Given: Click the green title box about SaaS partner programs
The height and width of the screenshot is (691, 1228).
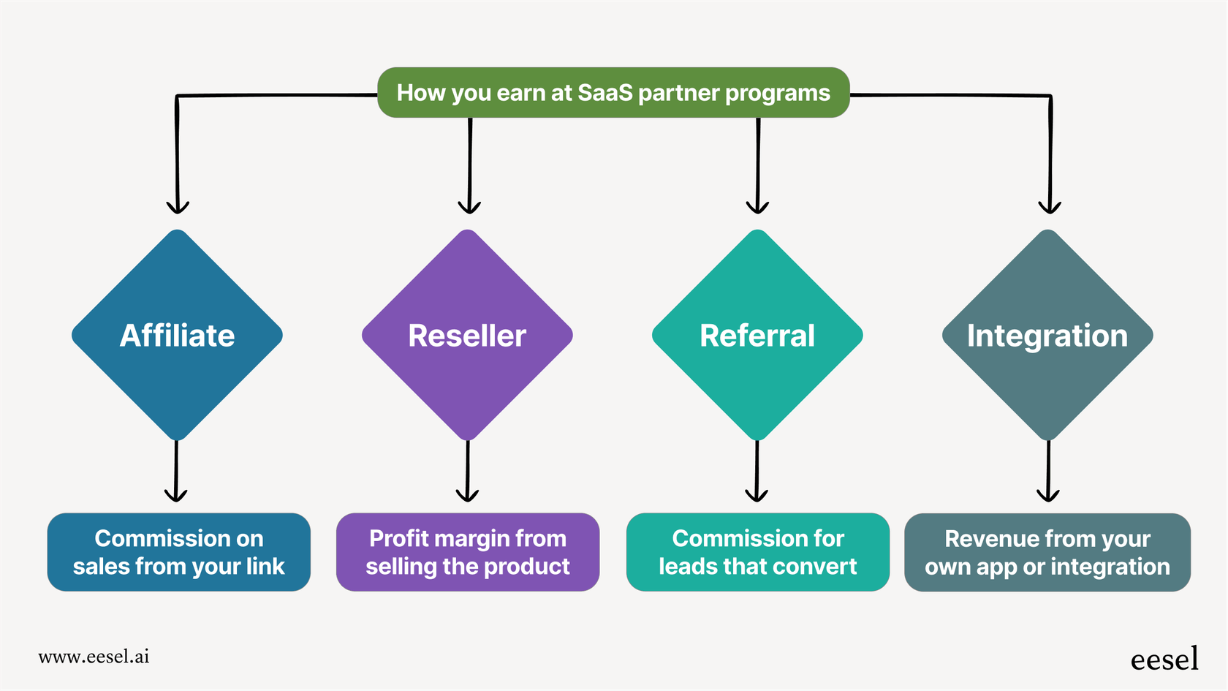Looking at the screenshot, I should [613, 93].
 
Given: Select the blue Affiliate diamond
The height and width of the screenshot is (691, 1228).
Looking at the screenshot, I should [177, 336].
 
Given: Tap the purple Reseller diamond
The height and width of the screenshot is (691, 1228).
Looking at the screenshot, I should [467, 336].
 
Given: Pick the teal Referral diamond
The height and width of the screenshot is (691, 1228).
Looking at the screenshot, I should [757, 336].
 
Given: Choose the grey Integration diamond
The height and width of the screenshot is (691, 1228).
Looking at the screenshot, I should [1047, 336].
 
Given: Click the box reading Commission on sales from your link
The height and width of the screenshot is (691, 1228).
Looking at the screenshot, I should [178, 552].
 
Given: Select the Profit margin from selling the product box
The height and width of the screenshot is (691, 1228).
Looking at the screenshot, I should [467, 552].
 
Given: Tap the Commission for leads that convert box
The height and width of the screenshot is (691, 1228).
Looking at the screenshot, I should [757, 552].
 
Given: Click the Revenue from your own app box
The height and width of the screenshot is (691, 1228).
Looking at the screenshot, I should [1047, 552].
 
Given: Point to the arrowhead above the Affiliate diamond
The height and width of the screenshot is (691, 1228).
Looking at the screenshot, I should [178, 207].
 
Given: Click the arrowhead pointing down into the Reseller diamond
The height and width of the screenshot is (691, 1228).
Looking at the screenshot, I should [469, 207].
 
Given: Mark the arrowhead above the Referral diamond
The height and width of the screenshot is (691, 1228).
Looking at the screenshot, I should [757, 207].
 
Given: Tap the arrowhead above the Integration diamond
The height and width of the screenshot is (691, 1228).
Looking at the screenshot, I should [1050, 207].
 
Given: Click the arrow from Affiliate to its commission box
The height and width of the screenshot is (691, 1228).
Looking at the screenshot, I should [176, 472].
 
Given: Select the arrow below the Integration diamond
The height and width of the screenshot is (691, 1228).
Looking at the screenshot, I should [1048, 472].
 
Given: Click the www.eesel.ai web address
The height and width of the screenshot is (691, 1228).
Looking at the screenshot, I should [94, 657].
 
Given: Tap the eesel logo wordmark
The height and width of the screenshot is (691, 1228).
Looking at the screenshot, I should [1164, 660].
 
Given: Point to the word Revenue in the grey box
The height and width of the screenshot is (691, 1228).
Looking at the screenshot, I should [982, 539].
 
